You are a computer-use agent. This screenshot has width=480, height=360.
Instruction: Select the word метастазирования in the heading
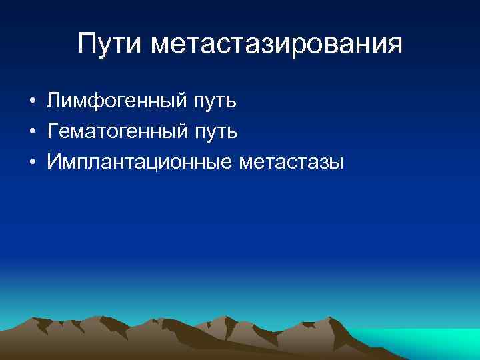point(277,45)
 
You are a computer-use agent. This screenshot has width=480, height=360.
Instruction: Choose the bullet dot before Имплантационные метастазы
point(31,162)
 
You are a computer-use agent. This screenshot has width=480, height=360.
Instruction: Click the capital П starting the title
point(88,44)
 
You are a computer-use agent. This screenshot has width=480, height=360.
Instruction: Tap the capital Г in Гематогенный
point(53,131)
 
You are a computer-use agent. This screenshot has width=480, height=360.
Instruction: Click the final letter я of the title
point(395,46)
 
